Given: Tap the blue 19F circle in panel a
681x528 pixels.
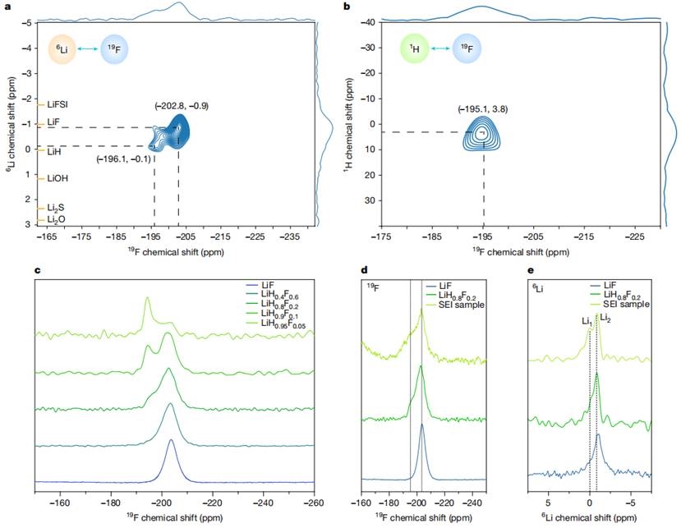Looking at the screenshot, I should [x=117, y=49].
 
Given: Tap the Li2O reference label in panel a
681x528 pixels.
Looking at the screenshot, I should [x=58, y=219].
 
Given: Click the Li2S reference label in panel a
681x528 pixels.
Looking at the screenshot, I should [x=58, y=208].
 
